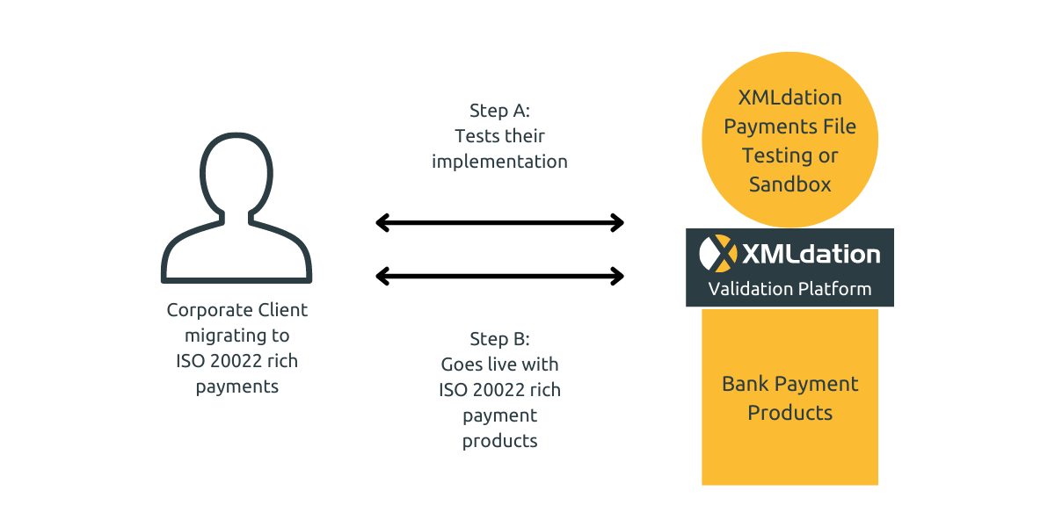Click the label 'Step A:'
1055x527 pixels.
click(x=499, y=111)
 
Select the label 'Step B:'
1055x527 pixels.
click(x=499, y=339)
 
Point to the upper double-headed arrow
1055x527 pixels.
click(x=499, y=222)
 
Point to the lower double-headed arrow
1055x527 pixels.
click(x=499, y=277)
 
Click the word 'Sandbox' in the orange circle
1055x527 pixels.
click(x=789, y=184)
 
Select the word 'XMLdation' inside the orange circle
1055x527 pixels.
click(x=789, y=97)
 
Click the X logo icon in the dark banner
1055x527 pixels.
click(x=718, y=254)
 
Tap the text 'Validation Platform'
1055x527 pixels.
click(x=789, y=289)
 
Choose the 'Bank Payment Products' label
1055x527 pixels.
click(x=789, y=398)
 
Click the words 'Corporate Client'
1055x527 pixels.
click(x=236, y=310)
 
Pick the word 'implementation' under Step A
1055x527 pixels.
click(x=499, y=162)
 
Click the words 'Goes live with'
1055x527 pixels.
click(x=499, y=364)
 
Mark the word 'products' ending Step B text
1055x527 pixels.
click(x=499, y=441)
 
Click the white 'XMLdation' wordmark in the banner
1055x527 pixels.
click(x=811, y=255)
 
